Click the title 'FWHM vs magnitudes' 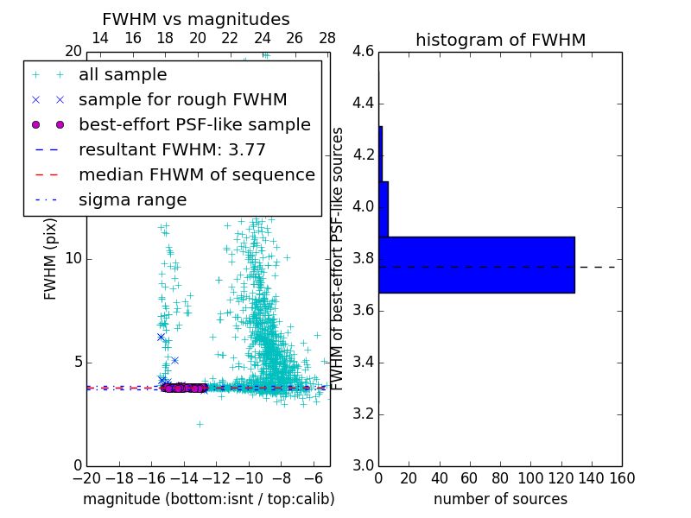tap(196, 20)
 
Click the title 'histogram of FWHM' tap(500, 40)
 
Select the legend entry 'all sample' tap(123, 75)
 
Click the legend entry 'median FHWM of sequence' tap(196, 174)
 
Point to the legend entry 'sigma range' tap(132, 199)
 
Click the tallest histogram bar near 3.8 tap(476, 265)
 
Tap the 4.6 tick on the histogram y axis tap(363, 52)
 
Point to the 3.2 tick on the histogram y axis tap(363, 414)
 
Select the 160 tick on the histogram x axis tap(622, 478)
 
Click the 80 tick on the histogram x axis tap(500, 478)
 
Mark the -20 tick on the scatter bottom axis tap(86, 478)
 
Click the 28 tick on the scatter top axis tap(327, 39)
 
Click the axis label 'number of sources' tap(500, 499)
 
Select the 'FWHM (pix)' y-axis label tap(51, 259)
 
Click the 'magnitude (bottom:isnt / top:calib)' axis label tap(208, 499)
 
